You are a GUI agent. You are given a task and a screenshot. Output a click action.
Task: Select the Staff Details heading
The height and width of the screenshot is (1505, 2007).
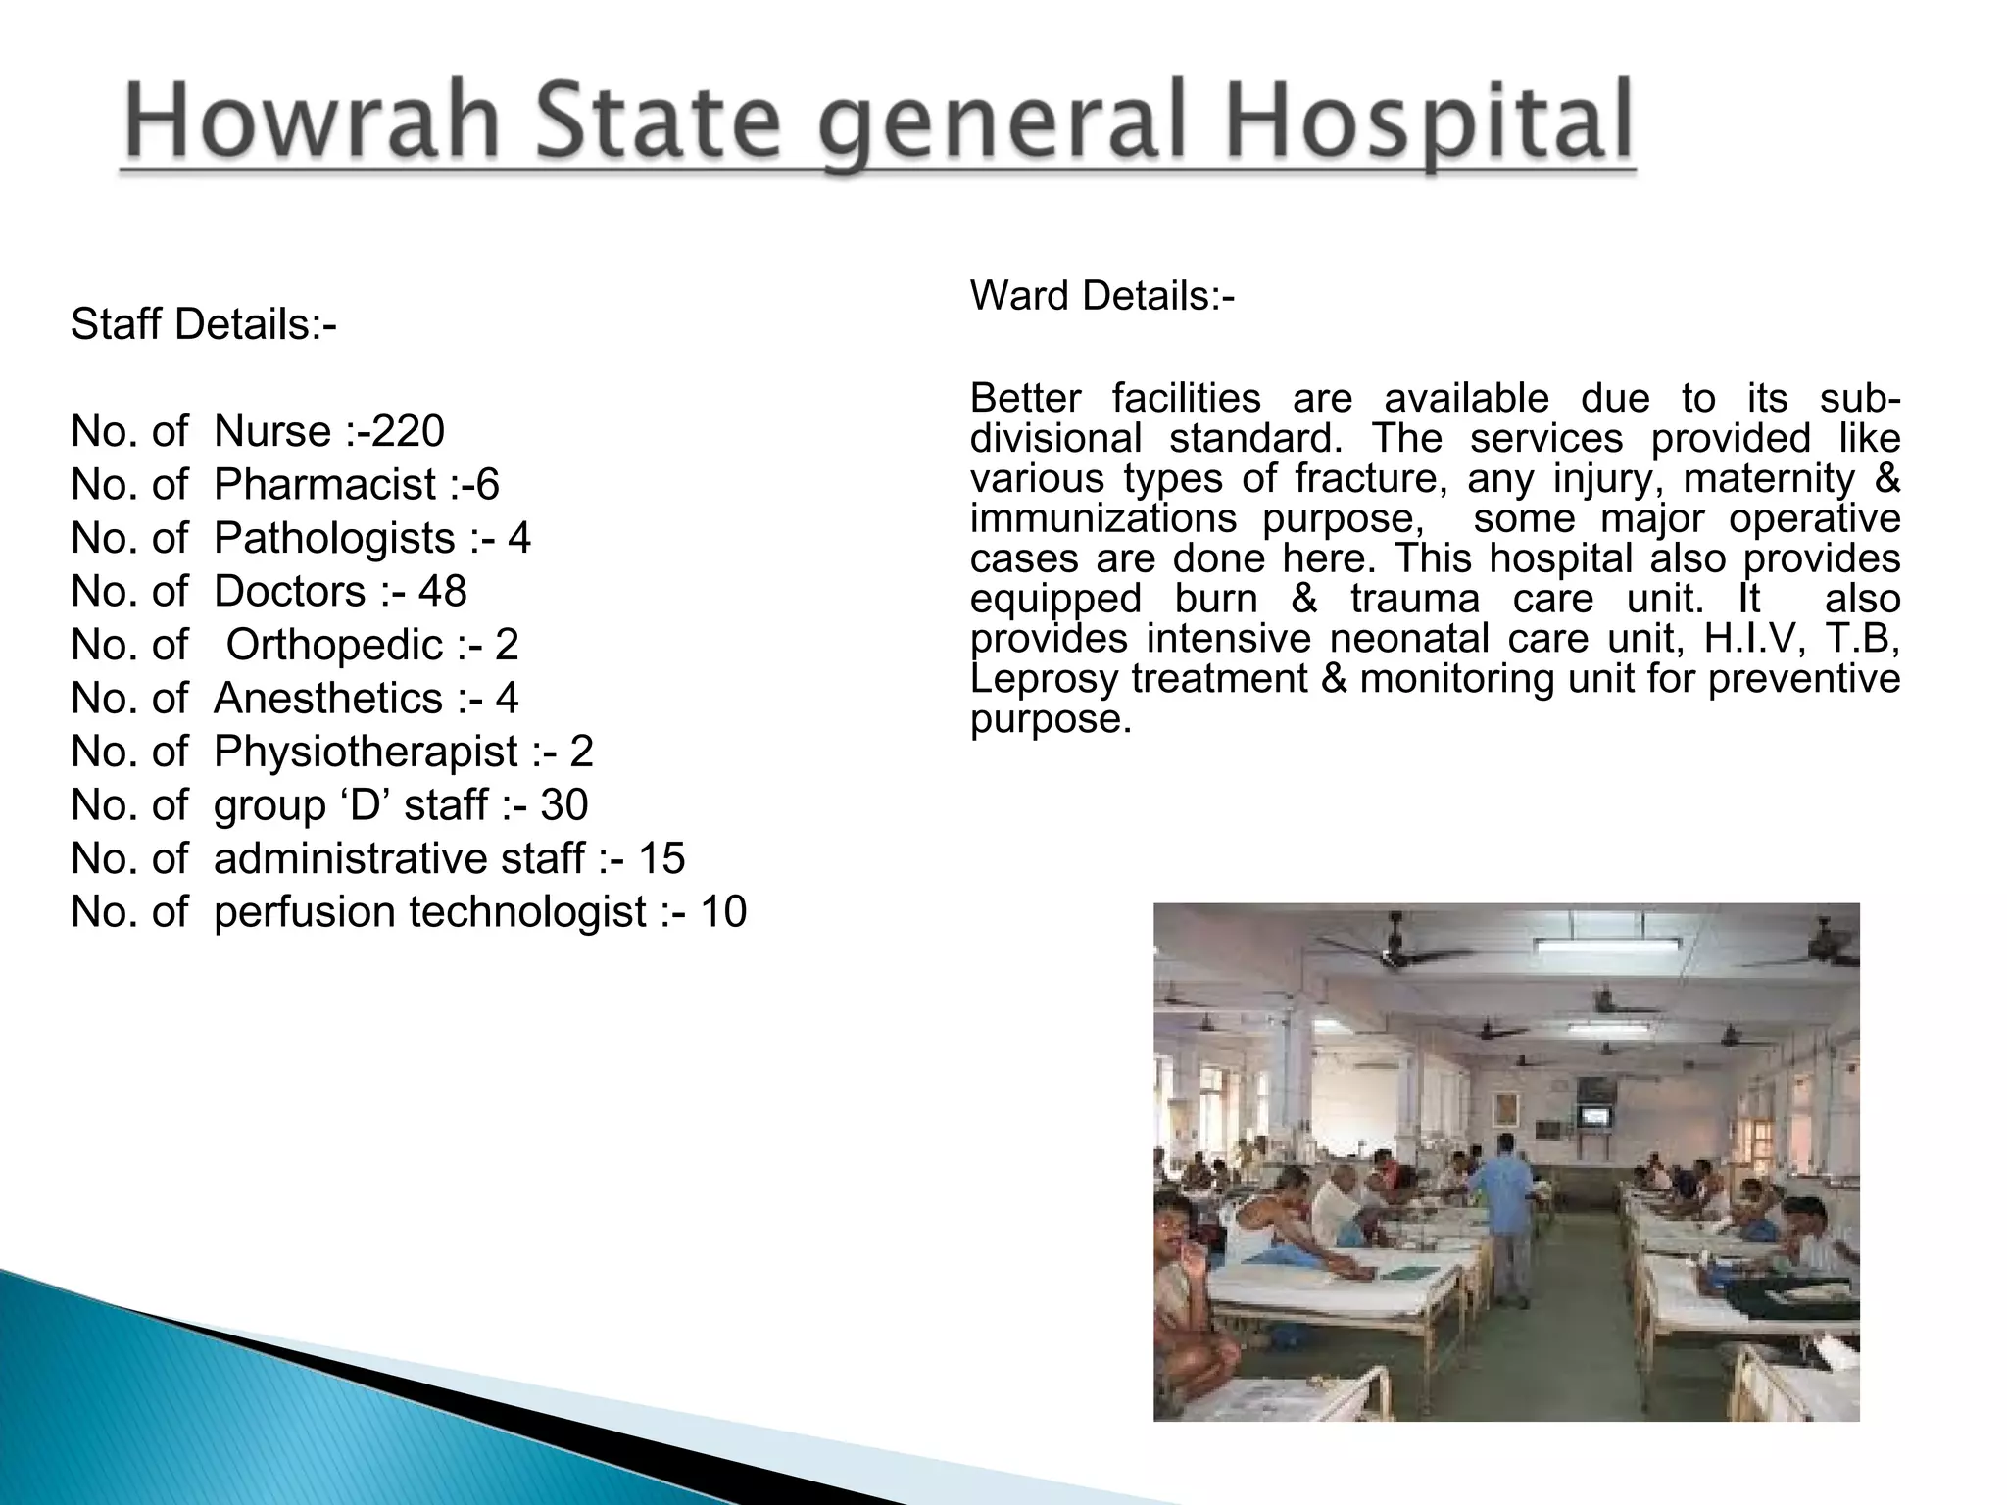pos(203,324)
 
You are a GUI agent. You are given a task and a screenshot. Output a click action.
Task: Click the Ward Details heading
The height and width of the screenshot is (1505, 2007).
pos(1102,295)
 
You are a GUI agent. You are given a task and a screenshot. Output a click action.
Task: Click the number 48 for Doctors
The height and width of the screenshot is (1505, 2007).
pos(442,591)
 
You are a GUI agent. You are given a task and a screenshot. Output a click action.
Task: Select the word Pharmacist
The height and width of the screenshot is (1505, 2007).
pos(324,484)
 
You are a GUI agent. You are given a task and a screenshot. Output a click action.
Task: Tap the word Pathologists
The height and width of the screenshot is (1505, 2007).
pos(334,538)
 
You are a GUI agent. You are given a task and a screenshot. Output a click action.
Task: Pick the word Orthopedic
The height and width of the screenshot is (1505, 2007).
pos(334,645)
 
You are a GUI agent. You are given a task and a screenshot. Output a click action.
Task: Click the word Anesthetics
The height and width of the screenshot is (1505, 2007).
pos(327,698)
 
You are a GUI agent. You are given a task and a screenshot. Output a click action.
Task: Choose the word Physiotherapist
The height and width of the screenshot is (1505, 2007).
pos(366,752)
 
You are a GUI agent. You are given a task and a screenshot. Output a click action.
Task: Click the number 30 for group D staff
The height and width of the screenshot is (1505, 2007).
pos(563,804)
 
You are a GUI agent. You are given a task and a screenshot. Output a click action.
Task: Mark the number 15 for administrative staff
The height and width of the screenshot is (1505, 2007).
pos(661,858)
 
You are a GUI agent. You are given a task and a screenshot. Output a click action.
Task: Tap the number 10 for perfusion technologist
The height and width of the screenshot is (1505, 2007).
pos(722,911)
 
